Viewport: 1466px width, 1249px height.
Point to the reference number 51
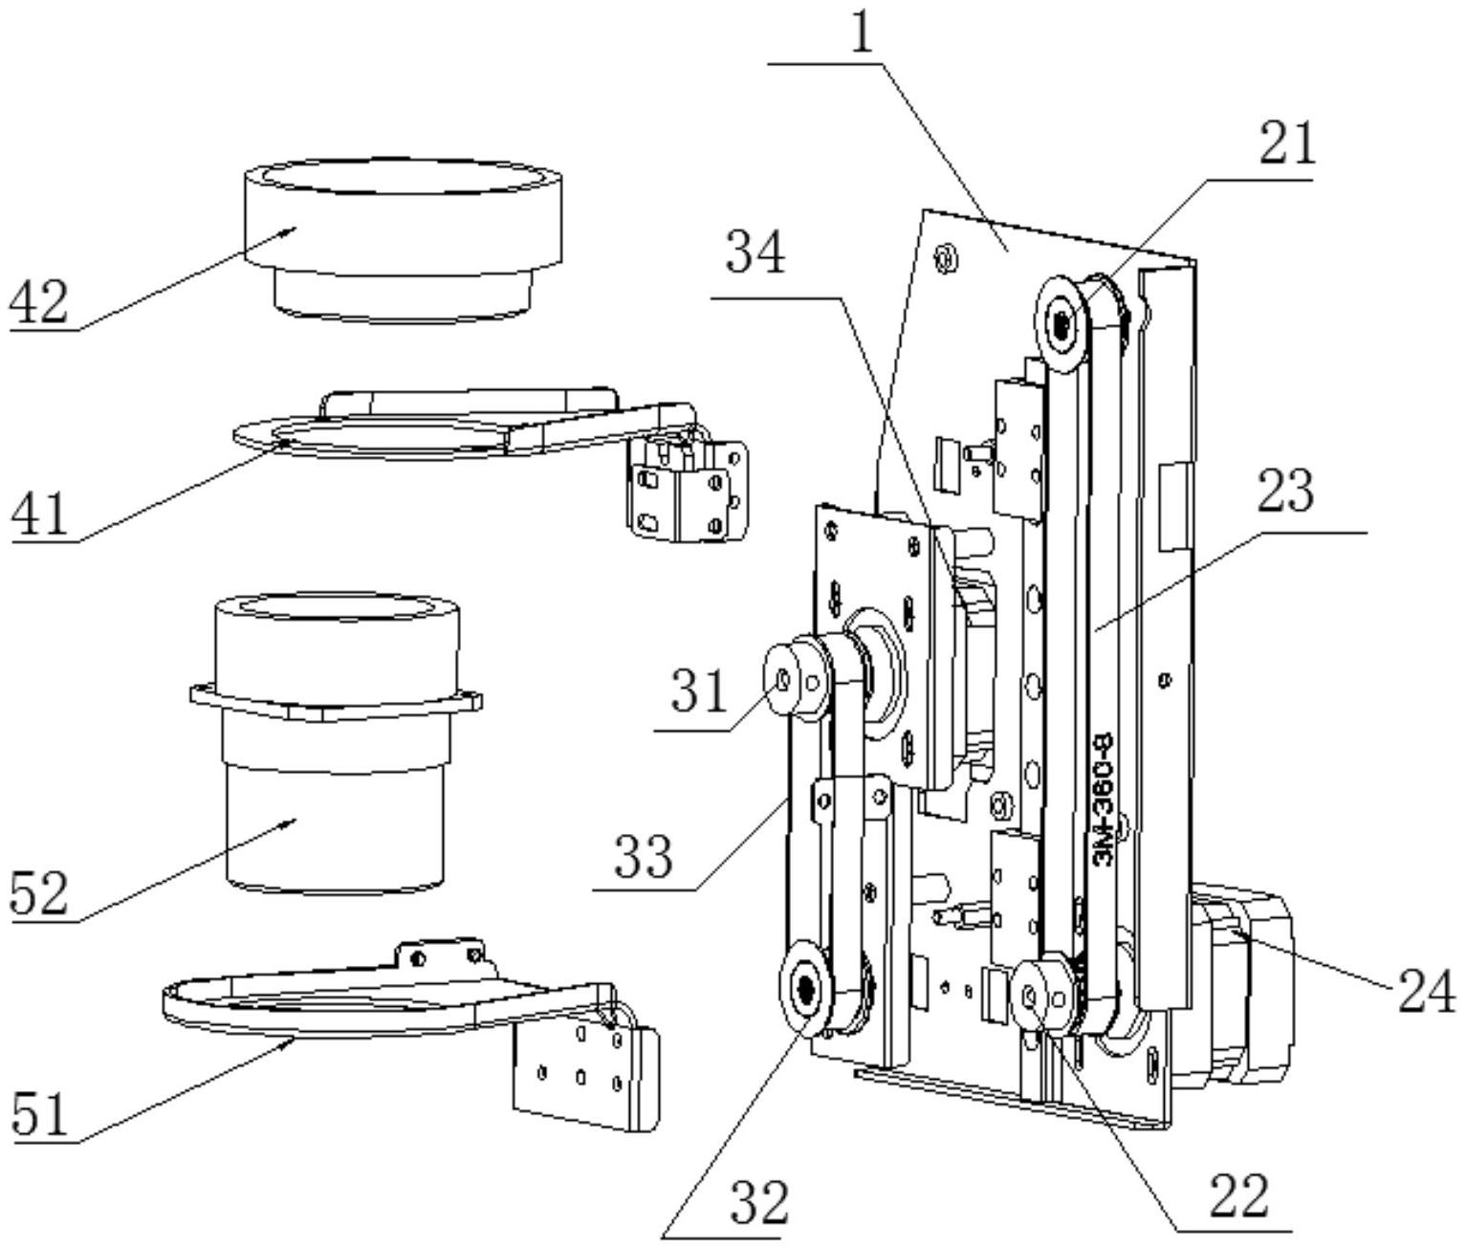tap(40, 1114)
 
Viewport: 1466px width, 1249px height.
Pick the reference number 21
tap(1287, 142)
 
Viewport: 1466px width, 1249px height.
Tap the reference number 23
tap(1286, 491)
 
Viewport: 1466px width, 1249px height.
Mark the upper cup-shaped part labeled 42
tap(404, 240)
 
